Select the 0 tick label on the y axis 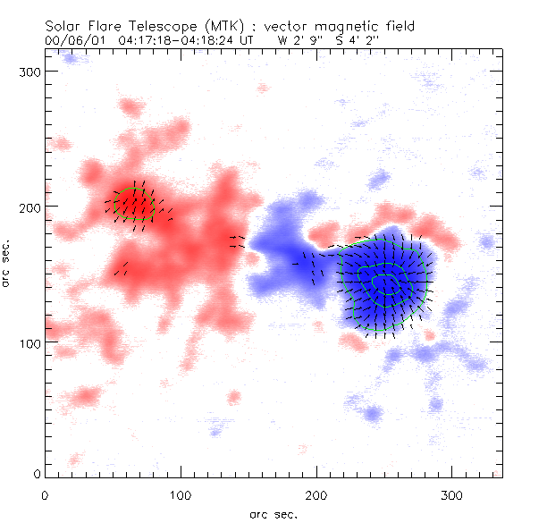tap(35, 473)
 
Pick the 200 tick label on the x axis tap(316, 494)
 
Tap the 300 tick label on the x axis tap(452, 494)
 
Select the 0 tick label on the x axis tap(45, 494)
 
